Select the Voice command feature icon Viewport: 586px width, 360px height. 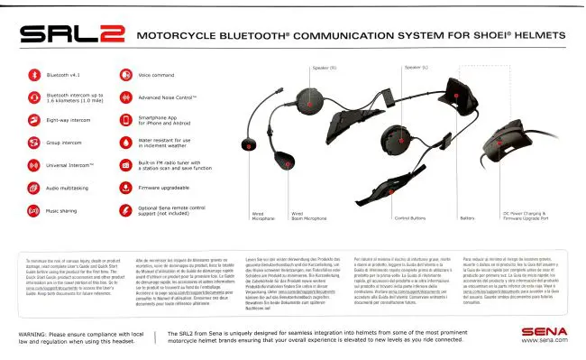coord(124,75)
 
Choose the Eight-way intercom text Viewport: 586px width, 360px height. coord(69,117)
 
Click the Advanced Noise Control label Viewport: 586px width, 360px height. coord(168,97)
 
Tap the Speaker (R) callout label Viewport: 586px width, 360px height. coord(325,68)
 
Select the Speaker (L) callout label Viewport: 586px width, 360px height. coord(416,68)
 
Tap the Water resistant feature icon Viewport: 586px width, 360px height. coord(124,142)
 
